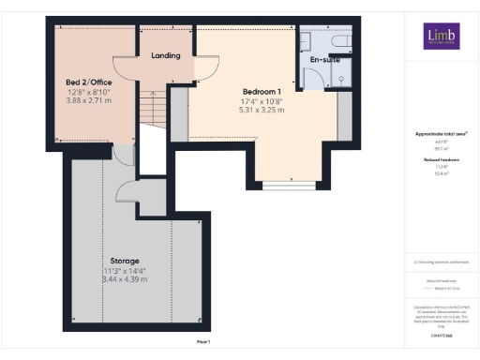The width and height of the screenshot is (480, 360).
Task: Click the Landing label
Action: [x=165, y=55]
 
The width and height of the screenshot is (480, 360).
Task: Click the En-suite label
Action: [x=322, y=59]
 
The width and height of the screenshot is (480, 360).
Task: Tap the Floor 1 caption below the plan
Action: [x=203, y=341]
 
